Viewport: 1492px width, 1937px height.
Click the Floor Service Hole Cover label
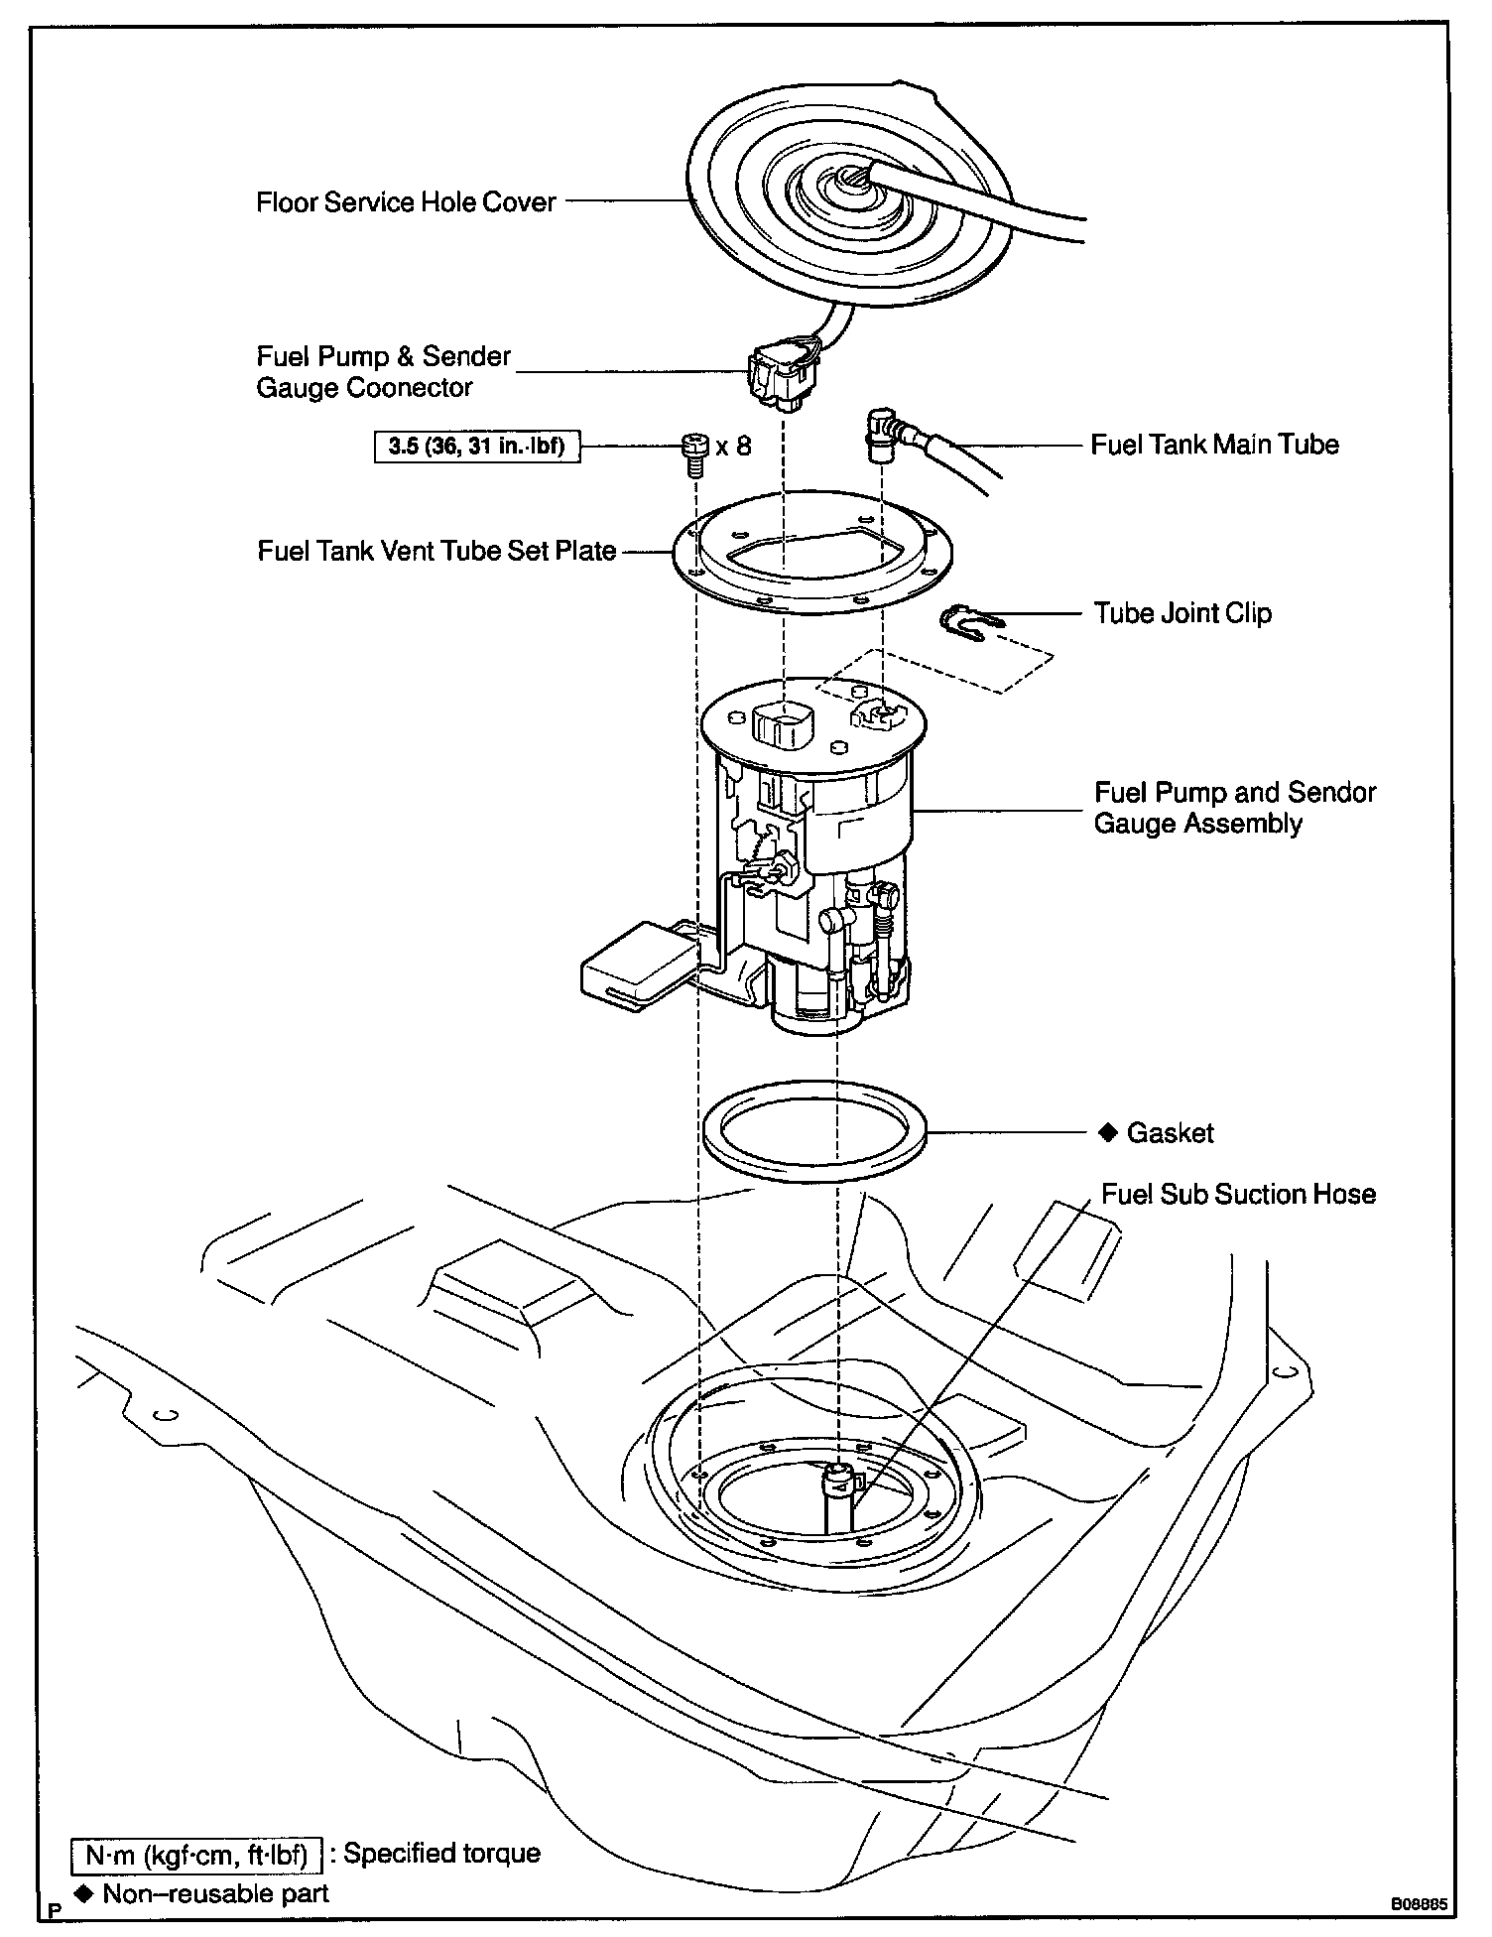(x=406, y=202)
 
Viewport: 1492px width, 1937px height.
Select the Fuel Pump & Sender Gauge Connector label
(x=383, y=371)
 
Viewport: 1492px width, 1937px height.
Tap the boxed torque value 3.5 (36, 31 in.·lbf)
(x=476, y=447)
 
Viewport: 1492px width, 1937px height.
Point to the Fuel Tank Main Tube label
(x=1214, y=444)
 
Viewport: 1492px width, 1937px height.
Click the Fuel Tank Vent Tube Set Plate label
(x=436, y=551)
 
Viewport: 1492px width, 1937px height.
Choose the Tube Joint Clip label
(x=1182, y=613)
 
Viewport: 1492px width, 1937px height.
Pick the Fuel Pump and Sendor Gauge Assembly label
(x=1234, y=808)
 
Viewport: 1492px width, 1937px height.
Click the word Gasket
(x=1170, y=1133)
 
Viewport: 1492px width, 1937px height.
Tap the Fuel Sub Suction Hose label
(x=1238, y=1194)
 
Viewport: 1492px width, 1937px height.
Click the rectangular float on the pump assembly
(x=635, y=967)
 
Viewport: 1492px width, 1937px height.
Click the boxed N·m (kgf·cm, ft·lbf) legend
(x=198, y=1854)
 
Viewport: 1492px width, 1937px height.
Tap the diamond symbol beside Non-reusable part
(x=83, y=1893)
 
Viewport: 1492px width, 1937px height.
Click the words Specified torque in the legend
(x=441, y=1854)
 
